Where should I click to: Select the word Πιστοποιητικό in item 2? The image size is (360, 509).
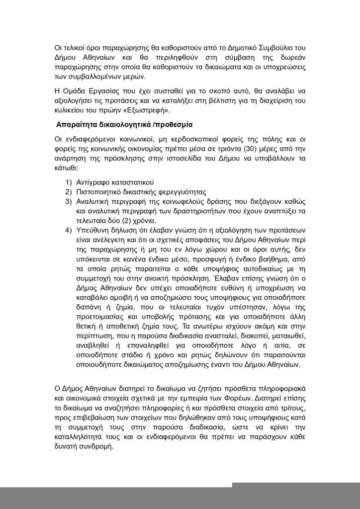click(x=102, y=192)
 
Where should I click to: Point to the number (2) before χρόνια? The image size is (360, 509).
click(x=129, y=220)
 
